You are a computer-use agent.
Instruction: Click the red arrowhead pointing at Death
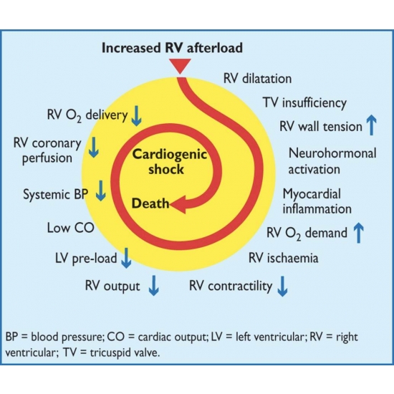(x=178, y=204)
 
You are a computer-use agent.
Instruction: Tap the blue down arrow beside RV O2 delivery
(x=136, y=115)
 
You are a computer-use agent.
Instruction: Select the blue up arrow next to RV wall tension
(x=371, y=125)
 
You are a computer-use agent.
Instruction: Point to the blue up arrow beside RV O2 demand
(x=359, y=233)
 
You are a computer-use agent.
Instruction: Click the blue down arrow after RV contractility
(x=282, y=287)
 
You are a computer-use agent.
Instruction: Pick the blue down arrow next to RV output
(x=153, y=285)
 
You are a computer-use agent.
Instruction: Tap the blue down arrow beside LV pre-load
(x=126, y=258)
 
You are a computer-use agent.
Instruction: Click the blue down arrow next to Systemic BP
(x=101, y=191)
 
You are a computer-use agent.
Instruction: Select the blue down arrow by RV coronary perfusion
(x=94, y=148)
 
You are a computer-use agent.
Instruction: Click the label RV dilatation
(x=258, y=79)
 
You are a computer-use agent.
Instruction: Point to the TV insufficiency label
(x=304, y=103)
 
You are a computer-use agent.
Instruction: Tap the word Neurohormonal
(x=332, y=153)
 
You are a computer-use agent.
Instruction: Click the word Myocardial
(x=312, y=194)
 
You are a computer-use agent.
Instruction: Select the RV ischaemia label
(x=283, y=258)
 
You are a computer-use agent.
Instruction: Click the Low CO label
(x=70, y=228)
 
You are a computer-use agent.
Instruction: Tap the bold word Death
(x=150, y=203)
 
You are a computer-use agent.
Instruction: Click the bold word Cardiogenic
(x=170, y=154)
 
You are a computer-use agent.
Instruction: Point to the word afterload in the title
(x=215, y=48)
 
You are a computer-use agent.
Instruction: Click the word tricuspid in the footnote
(x=109, y=352)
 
